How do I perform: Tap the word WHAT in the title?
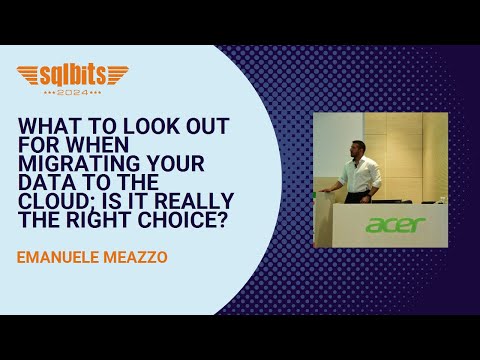click(x=45, y=126)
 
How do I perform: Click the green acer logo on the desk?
click(x=395, y=225)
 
